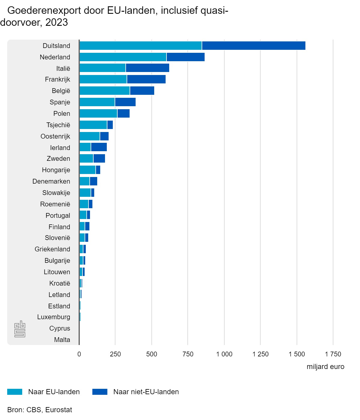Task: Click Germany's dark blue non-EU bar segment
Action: click(253, 46)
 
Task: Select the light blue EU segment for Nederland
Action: click(123, 57)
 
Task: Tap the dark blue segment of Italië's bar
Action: click(147, 68)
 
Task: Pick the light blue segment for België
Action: click(104, 91)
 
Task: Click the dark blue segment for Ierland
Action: click(99, 147)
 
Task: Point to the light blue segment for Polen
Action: click(98, 113)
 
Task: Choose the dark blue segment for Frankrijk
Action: click(146, 79)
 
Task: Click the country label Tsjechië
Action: click(58, 125)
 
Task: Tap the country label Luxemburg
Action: click(54, 317)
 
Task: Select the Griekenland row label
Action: click(52, 249)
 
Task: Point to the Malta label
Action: click(62, 340)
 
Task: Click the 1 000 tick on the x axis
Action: click(224, 354)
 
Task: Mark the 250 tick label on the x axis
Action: click(115, 354)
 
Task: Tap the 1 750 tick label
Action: click(333, 354)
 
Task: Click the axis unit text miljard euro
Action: click(325, 367)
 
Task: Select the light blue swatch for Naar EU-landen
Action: click(15, 392)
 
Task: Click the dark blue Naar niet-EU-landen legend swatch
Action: click(100, 392)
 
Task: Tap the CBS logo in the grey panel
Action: click(20, 329)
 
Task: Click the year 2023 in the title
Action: click(57, 22)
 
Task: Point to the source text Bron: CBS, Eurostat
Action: click(40, 410)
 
